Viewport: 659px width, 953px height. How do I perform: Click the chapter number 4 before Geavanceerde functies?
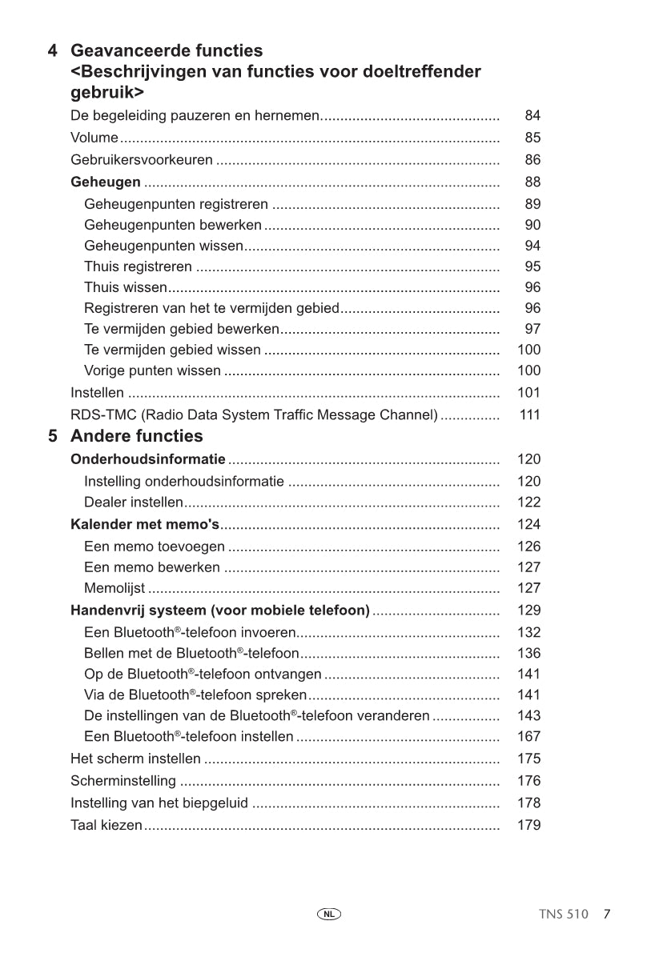(53, 51)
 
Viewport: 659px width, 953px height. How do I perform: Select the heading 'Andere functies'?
(136, 436)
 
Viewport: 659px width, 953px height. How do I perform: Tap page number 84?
(532, 116)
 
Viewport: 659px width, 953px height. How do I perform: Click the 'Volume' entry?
(94, 138)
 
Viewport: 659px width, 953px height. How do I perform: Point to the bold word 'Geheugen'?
(106, 182)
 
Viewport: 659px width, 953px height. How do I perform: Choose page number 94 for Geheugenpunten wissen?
(532, 246)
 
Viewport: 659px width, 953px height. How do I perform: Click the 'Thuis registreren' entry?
(138, 266)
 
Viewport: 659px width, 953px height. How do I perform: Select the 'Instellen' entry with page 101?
(97, 393)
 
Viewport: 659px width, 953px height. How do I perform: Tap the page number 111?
(529, 415)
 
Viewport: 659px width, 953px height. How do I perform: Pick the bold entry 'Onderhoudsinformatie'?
(147, 459)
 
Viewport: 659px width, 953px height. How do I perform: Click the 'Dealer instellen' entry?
(133, 503)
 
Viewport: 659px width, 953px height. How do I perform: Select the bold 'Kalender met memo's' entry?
(144, 525)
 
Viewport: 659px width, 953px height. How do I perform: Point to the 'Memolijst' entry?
(115, 589)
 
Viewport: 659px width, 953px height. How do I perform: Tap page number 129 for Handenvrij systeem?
(528, 611)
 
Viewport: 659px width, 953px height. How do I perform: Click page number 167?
(528, 736)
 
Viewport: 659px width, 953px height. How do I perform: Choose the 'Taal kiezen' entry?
(106, 825)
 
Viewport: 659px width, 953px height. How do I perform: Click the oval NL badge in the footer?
(329, 913)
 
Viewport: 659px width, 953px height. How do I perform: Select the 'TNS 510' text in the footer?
(564, 914)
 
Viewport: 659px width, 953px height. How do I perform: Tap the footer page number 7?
(608, 914)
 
